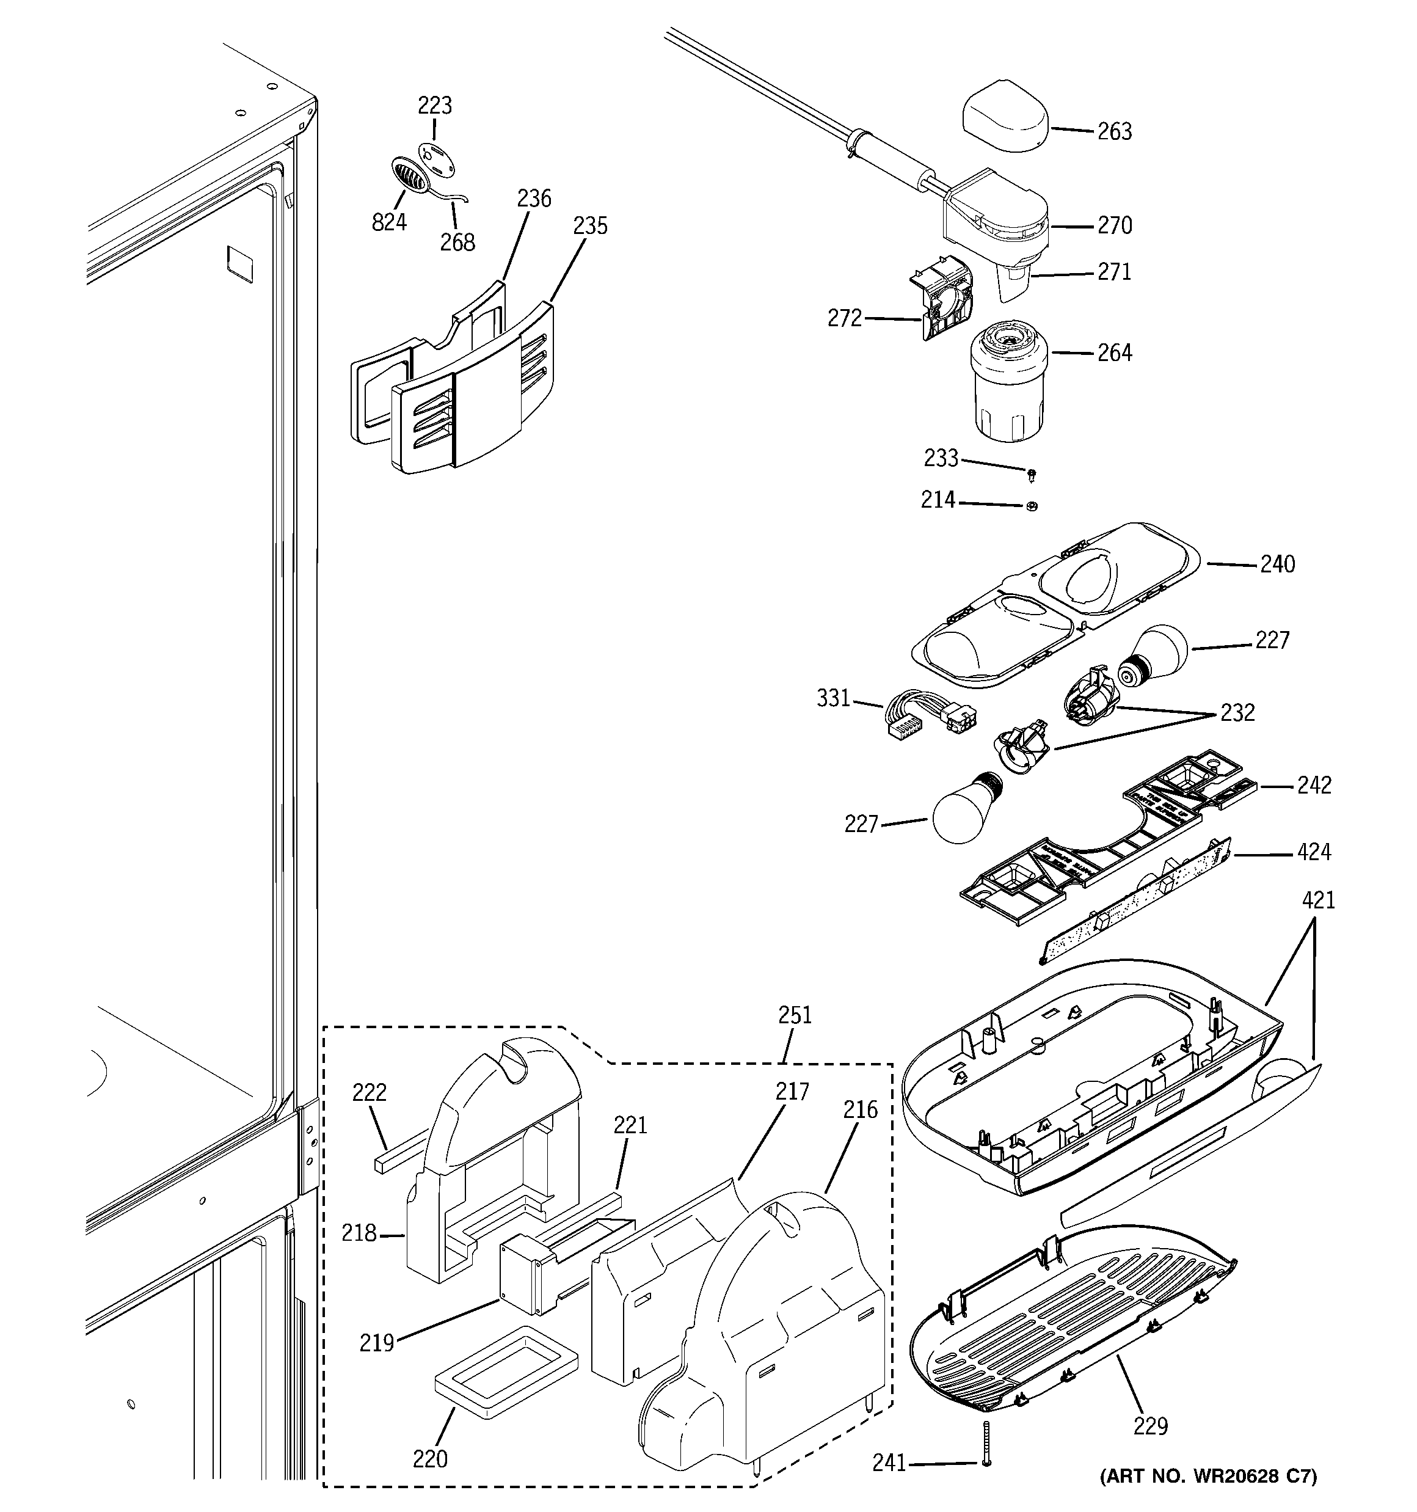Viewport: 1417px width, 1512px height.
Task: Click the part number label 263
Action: [x=1113, y=131]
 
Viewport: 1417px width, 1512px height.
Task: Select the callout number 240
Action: [x=1277, y=564]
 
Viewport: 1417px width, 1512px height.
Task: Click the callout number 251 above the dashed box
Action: [x=795, y=1015]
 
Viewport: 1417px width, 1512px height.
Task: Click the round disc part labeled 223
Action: [x=435, y=156]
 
